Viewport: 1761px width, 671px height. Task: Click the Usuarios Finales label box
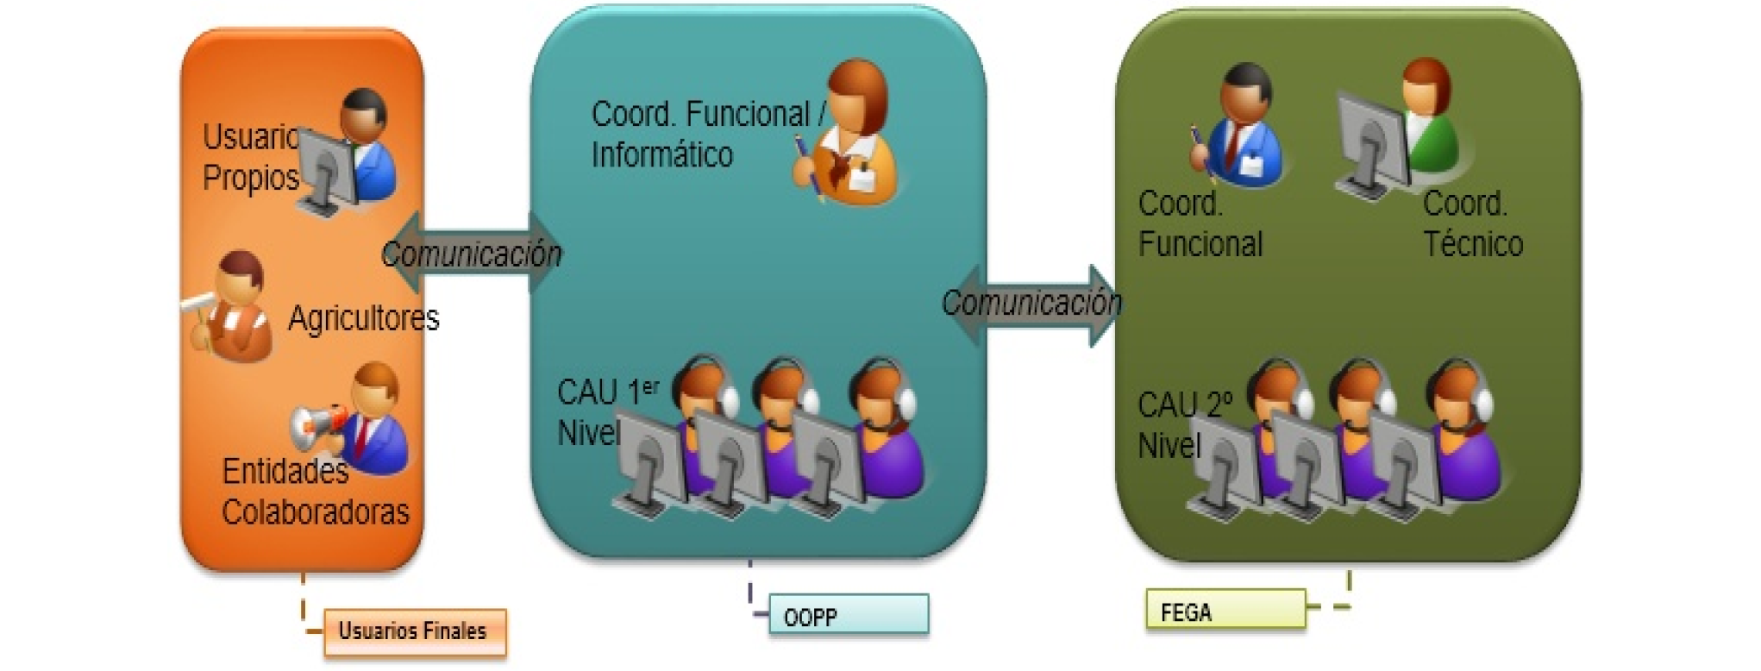[x=415, y=632]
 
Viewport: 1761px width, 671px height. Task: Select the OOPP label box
[x=849, y=615]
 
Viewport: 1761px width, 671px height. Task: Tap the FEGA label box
[x=1225, y=611]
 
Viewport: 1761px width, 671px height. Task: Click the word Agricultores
[x=363, y=318]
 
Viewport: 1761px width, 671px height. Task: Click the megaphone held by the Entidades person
[x=317, y=425]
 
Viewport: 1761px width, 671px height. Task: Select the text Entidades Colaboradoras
[x=315, y=492]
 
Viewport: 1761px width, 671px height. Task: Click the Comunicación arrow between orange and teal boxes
[x=471, y=253]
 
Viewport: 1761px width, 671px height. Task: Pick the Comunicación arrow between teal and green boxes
[x=1031, y=304]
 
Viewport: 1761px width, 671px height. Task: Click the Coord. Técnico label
[x=1472, y=224]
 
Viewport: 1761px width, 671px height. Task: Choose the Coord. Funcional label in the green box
[x=1200, y=224]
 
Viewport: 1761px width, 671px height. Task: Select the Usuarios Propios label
[x=250, y=157]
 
